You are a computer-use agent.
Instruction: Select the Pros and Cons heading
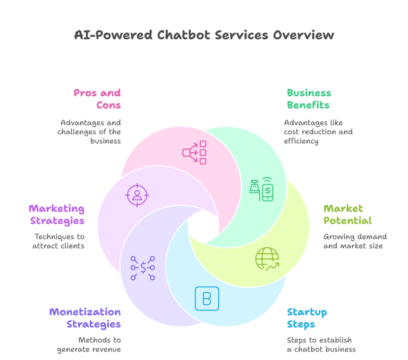(x=97, y=99)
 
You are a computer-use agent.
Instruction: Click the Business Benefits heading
(x=309, y=99)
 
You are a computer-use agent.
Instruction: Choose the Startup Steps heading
(x=307, y=317)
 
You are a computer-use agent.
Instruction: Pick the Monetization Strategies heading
(x=85, y=317)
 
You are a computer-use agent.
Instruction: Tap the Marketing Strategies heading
(x=56, y=214)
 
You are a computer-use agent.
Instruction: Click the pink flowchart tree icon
(x=194, y=152)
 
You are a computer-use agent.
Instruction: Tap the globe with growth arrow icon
(x=267, y=259)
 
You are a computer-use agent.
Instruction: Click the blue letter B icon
(x=207, y=298)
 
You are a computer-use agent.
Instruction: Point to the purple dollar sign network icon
(x=142, y=268)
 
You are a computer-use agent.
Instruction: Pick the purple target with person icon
(x=137, y=195)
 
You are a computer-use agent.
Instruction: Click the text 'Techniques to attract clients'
(x=59, y=241)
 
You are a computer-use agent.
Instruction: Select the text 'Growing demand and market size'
(x=355, y=241)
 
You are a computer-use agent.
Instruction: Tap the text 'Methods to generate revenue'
(x=89, y=345)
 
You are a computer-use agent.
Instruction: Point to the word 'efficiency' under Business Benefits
(x=301, y=141)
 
